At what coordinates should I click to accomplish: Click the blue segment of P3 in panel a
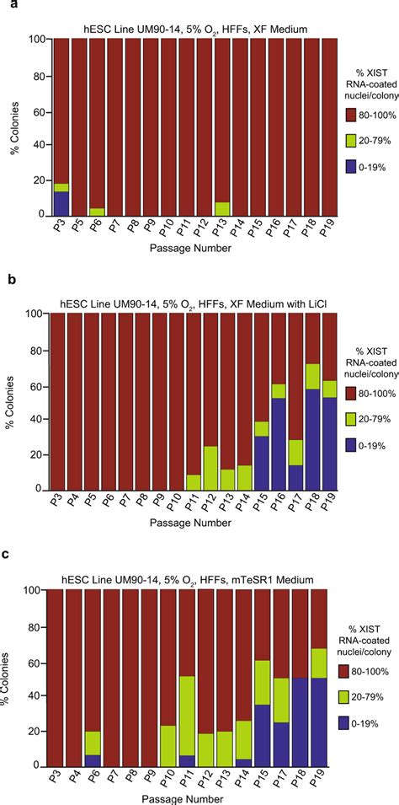(61, 203)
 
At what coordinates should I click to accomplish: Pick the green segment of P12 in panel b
(211, 468)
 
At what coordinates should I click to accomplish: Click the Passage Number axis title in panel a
(189, 249)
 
